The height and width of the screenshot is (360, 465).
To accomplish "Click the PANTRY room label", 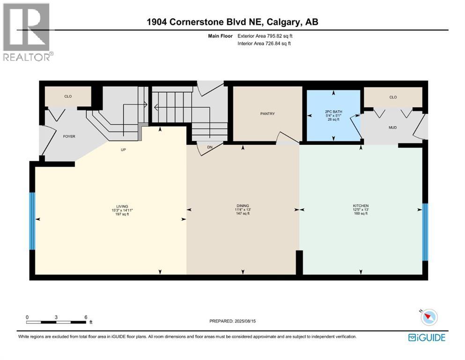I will coord(267,113).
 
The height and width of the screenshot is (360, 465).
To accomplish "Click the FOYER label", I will coord(69,136).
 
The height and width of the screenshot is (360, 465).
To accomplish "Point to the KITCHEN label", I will coord(361,206).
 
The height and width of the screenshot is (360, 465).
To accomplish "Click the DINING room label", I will coord(243,206).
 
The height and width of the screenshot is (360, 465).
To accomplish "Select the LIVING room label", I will coord(122,206).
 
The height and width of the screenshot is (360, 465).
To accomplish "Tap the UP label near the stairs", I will coord(124,150).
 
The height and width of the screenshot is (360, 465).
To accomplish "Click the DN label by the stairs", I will coord(210,147).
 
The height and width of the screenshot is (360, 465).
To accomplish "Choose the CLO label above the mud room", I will coord(393,97).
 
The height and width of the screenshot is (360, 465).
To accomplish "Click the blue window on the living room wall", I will coord(32,221).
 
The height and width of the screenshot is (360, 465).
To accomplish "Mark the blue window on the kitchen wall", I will coord(425,232).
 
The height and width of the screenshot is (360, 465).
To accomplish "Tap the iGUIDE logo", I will coord(427,337).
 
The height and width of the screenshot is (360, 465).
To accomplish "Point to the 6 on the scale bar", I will coord(85,317).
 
